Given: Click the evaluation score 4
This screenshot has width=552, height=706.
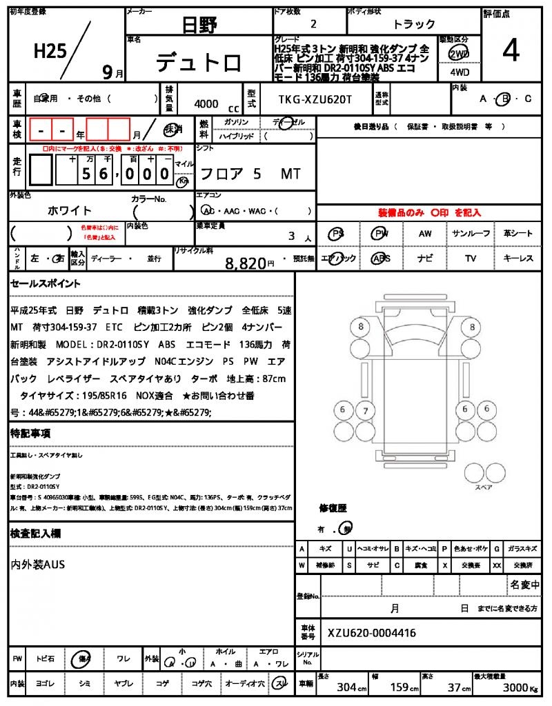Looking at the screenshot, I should [x=511, y=50].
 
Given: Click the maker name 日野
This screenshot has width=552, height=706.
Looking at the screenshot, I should [x=199, y=26].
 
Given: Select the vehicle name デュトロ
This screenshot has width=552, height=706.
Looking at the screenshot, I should [x=199, y=63].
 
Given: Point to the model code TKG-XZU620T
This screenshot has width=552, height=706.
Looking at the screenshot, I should [x=315, y=100].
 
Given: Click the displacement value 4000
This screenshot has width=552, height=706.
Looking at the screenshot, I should [x=206, y=104].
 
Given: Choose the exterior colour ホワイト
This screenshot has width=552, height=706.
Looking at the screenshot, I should [x=70, y=210].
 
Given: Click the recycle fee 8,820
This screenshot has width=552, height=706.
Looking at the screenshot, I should [x=246, y=263].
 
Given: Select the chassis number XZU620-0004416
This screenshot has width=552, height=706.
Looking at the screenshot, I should [x=372, y=633].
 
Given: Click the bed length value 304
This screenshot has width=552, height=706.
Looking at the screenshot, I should [x=346, y=687].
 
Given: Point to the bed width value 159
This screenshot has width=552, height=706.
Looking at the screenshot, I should [x=400, y=687].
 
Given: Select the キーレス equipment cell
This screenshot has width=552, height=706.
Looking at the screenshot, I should [x=518, y=259].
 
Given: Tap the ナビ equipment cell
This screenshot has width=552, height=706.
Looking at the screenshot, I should [x=425, y=259].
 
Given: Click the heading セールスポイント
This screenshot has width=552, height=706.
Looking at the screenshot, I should [x=46, y=283].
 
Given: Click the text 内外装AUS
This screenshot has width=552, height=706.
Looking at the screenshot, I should [x=38, y=565].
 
